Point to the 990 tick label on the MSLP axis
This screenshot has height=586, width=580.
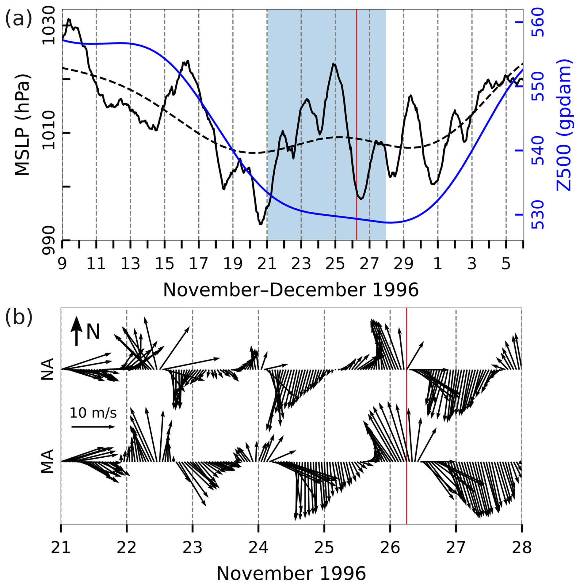(48, 240)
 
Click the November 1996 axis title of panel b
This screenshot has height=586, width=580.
(291, 573)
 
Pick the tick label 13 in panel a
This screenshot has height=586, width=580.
(130, 264)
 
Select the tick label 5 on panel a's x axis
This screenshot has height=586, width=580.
(506, 264)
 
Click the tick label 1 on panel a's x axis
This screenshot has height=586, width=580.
(437, 264)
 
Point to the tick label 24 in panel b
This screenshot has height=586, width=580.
(258, 547)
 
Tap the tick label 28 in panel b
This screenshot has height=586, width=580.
(521, 547)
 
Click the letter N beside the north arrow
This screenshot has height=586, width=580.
(93, 332)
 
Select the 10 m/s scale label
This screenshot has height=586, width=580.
(93, 413)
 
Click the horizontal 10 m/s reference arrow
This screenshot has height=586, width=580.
(93, 427)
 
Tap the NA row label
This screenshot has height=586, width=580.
(48, 369)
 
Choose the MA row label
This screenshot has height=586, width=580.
(48, 461)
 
